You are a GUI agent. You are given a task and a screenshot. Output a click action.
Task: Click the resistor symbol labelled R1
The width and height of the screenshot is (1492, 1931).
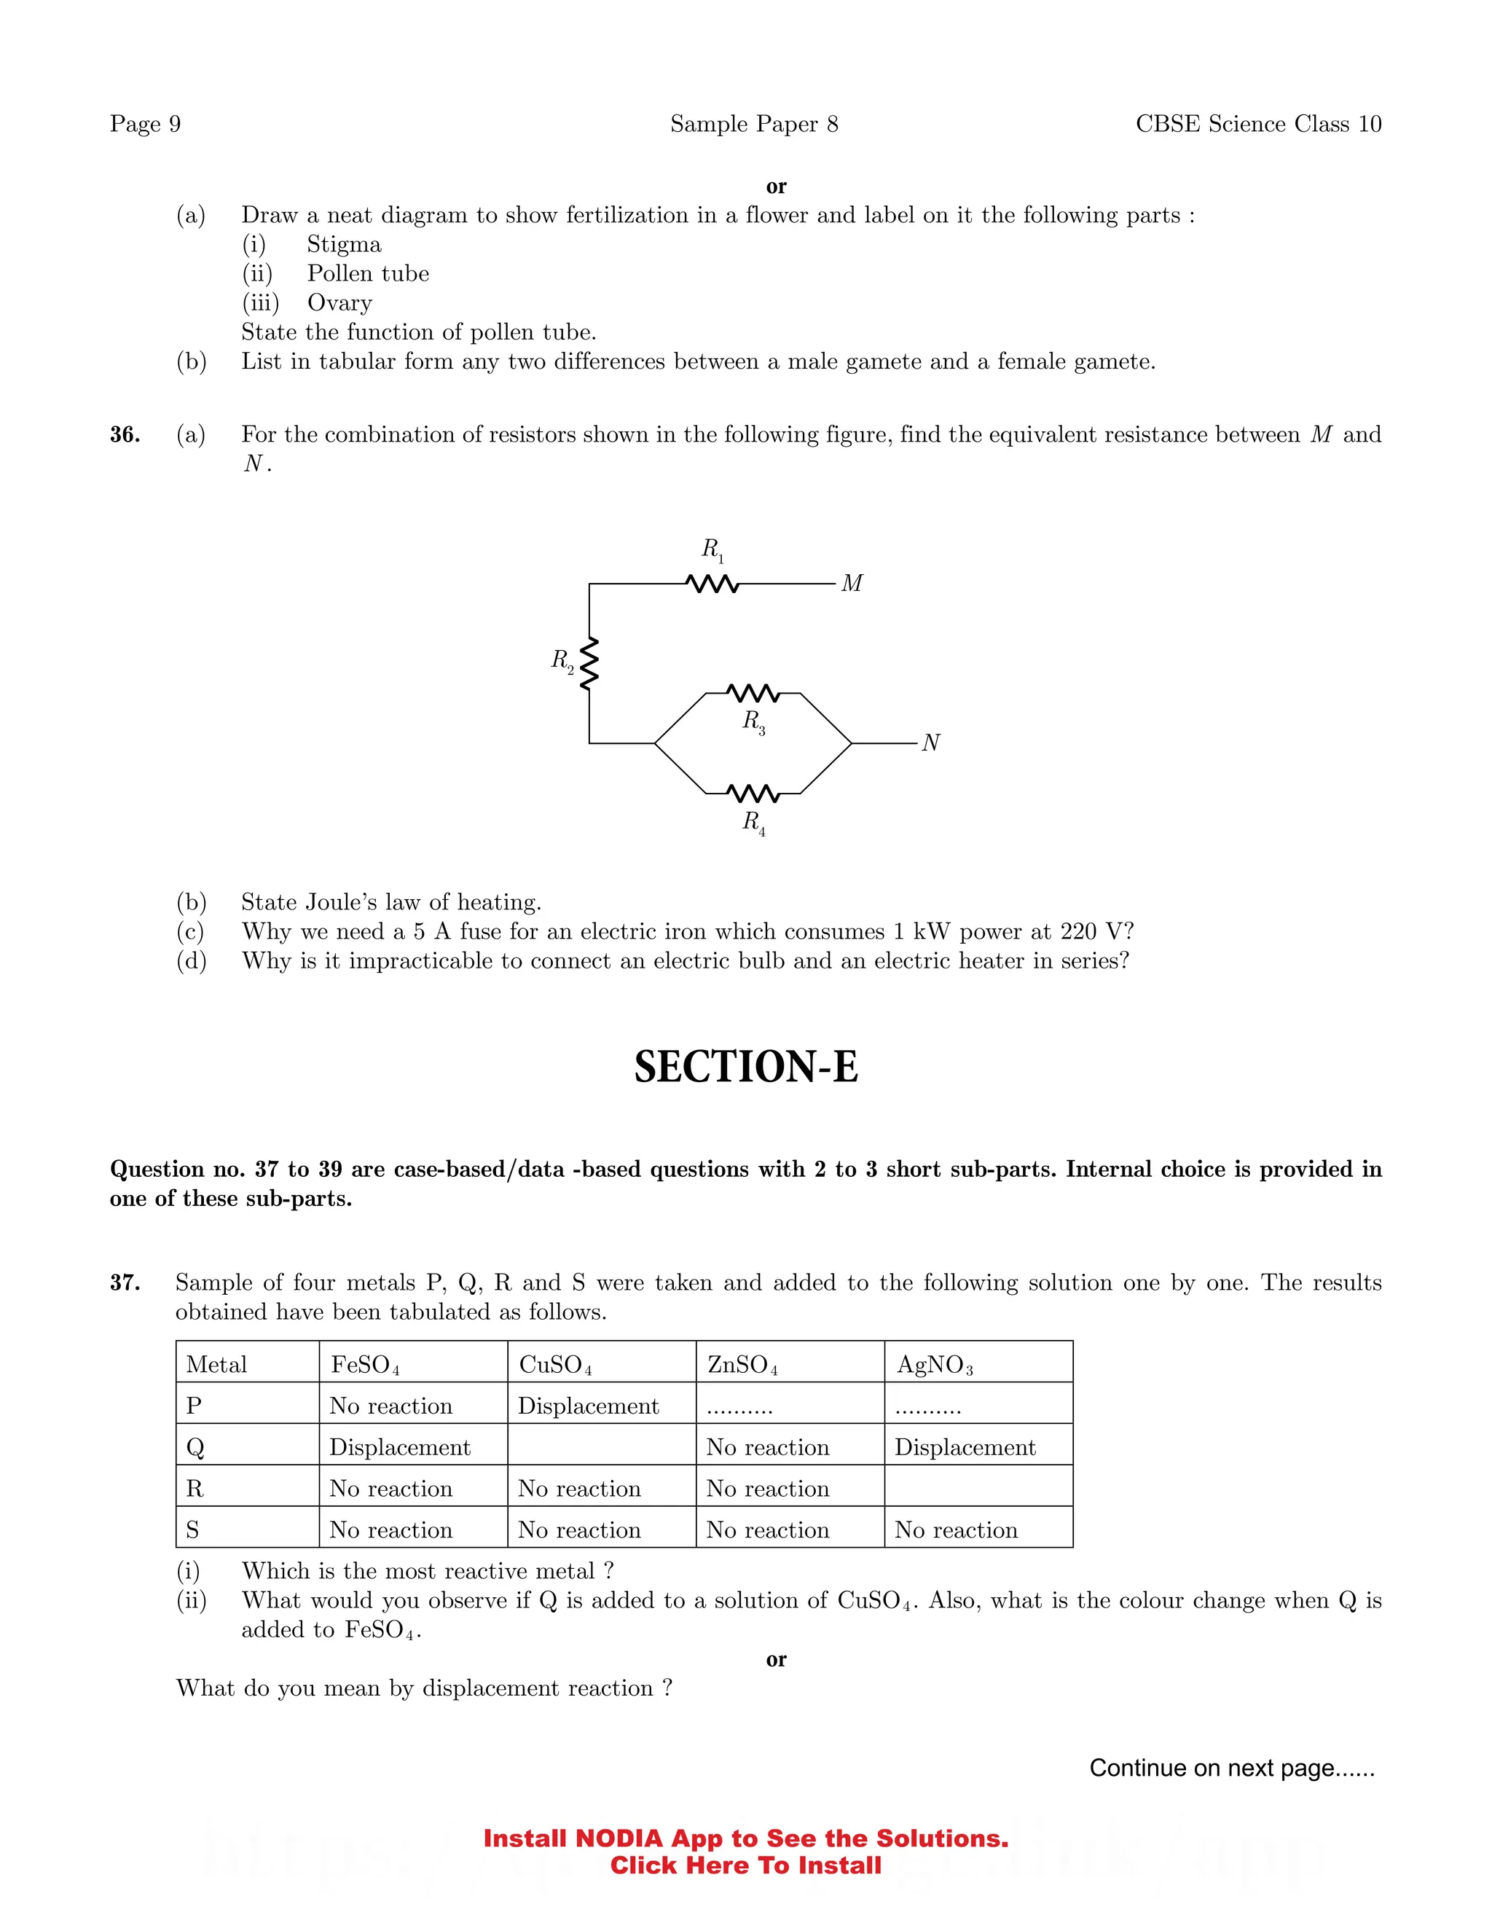point(712,584)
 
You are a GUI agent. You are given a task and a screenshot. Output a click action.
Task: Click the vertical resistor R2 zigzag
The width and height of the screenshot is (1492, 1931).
point(589,662)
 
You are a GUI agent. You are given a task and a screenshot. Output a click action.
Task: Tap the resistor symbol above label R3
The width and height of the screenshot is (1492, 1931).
point(753,692)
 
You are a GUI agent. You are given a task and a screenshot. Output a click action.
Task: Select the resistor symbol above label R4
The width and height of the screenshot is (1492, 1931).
point(753,793)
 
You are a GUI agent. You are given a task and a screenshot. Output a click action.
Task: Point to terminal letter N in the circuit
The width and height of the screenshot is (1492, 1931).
point(931,743)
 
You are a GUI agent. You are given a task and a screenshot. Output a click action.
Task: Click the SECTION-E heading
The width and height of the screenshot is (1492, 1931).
point(746,1068)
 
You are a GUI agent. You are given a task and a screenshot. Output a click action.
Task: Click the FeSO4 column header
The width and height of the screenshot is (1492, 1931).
point(365,1364)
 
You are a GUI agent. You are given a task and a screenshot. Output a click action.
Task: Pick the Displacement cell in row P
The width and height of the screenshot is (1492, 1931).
point(588,1406)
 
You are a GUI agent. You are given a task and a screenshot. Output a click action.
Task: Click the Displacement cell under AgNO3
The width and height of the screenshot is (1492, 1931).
point(965,1447)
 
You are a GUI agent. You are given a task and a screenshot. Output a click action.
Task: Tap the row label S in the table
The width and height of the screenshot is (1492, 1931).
point(192,1529)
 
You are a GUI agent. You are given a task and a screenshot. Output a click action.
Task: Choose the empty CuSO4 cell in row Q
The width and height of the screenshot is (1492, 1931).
point(601,1446)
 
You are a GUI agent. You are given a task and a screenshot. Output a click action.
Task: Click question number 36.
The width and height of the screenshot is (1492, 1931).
point(125,434)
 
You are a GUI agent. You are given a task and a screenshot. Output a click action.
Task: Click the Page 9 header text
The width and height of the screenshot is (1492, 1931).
point(145,124)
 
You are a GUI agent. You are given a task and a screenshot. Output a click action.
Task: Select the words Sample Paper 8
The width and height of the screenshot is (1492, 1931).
point(753,124)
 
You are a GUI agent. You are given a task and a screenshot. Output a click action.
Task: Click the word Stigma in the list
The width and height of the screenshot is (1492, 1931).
point(344,244)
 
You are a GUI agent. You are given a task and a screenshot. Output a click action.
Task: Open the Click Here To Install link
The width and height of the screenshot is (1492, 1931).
point(745,1865)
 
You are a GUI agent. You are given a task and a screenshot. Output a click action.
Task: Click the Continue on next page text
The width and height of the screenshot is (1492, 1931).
point(1231,1768)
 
